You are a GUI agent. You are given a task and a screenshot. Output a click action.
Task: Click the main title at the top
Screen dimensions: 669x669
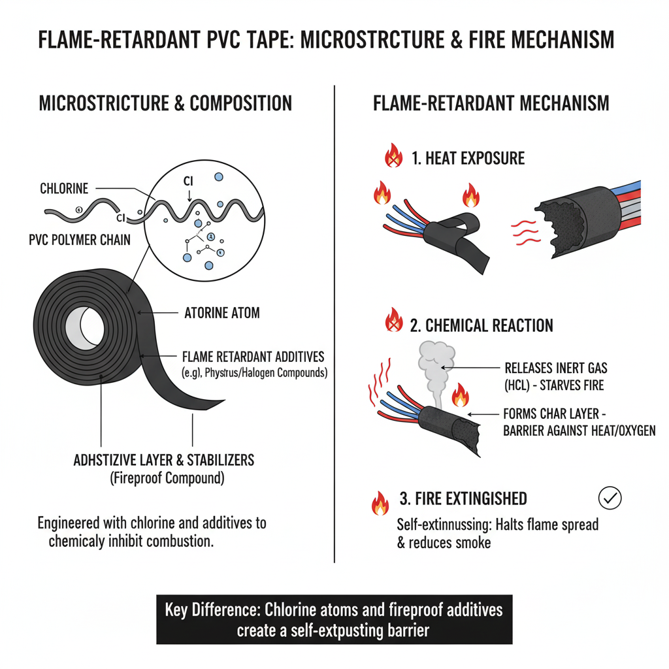326,41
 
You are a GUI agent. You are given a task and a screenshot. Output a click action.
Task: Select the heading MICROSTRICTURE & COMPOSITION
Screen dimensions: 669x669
165,103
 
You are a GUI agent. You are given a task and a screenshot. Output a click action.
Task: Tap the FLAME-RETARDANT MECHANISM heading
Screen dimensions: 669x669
491,103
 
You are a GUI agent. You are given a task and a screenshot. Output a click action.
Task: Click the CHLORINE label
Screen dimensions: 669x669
63,189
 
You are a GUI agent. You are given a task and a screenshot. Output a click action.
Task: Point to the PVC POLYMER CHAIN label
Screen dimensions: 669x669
80,240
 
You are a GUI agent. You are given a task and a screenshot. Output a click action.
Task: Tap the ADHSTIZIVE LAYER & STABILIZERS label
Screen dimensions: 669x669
164,460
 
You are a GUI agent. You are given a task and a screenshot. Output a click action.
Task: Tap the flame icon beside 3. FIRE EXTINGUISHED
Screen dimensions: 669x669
380,502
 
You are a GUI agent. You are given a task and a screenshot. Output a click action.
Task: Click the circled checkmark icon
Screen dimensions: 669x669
610,498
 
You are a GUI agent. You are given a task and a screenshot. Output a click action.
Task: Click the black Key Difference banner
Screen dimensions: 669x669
334,619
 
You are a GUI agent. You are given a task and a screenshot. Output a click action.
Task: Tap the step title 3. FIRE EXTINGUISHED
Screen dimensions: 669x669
463,499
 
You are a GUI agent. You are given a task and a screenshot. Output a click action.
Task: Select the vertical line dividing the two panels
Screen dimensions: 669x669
334,327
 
